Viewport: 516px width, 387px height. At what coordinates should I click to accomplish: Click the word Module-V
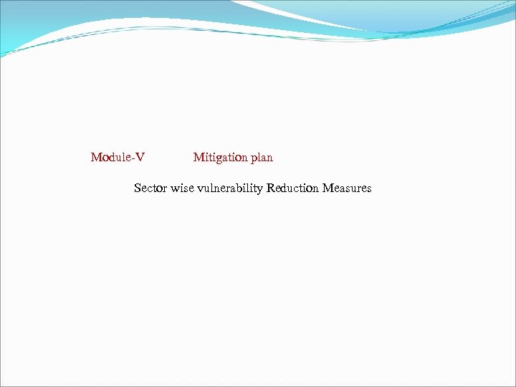click(x=118, y=157)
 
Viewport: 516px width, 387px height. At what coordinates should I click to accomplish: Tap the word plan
click(x=262, y=158)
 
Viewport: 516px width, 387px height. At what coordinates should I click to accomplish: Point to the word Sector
click(x=150, y=188)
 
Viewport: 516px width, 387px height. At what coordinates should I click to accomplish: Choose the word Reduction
click(x=292, y=188)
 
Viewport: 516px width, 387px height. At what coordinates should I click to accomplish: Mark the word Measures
click(x=347, y=188)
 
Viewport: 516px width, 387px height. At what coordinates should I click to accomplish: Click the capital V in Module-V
click(x=140, y=157)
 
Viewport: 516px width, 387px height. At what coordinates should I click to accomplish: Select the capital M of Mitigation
click(x=199, y=157)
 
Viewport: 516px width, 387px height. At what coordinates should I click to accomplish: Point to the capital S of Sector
click(x=138, y=188)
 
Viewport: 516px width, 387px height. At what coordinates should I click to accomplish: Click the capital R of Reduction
click(x=270, y=188)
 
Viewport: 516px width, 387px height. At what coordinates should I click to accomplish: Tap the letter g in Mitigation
click(x=219, y=159)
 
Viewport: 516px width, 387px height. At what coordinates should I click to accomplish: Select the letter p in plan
click(x=254, y=159)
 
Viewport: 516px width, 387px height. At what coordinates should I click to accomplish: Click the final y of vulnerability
click(x=259, y=191)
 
